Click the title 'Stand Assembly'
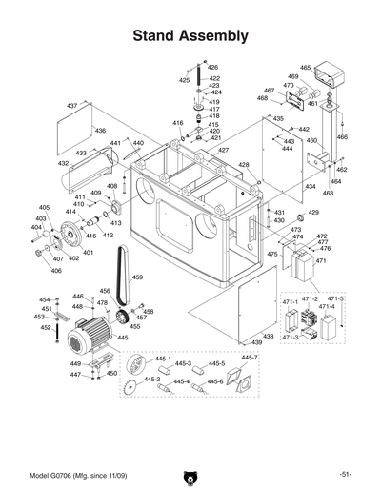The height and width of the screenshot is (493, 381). tap(190, 36)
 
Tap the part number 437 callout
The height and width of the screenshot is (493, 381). tap(72, 105)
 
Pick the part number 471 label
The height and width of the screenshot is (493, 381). tap(321, 261)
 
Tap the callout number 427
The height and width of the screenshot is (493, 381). tap(223, 151)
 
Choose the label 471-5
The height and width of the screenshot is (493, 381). tap(336, 299)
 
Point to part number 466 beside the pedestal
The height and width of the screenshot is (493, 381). tap(342, 137)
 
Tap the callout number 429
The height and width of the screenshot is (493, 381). tap(313, 213)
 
